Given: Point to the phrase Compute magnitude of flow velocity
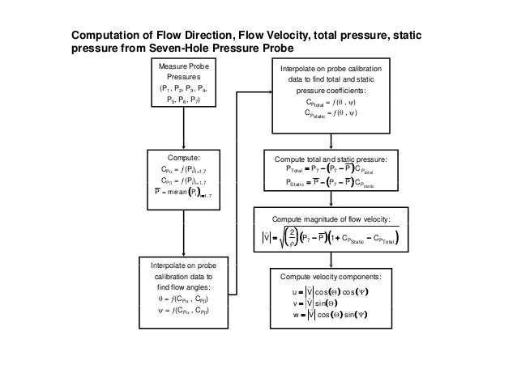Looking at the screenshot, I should [331, 219].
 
